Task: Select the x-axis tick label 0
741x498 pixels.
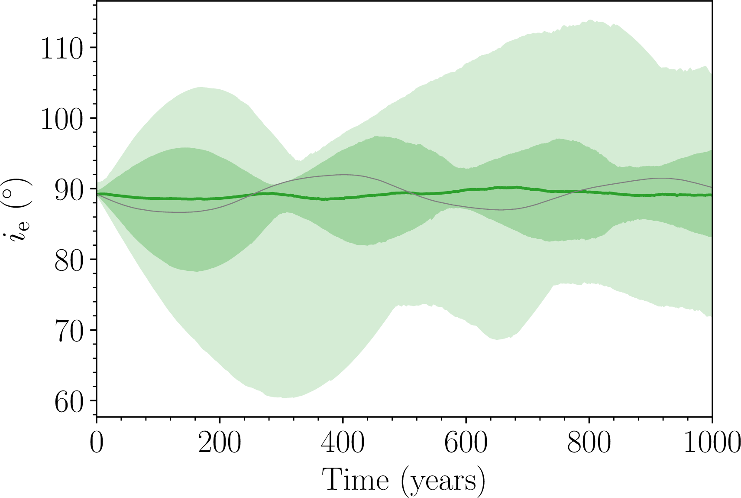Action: click(97, 443)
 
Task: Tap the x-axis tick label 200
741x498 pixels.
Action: click(220, 443)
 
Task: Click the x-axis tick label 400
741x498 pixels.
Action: click(343, 443)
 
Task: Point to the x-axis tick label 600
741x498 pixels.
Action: click(466, 443)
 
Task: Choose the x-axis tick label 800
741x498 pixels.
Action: click(589, 443)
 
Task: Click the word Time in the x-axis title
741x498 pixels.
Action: click(355, 480)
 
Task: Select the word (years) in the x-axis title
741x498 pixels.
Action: click(443, 481)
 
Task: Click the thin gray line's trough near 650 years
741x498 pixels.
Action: click(501, 210)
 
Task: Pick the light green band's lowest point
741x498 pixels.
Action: click(284, 397)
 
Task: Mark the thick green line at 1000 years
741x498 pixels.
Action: click(712, 195)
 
